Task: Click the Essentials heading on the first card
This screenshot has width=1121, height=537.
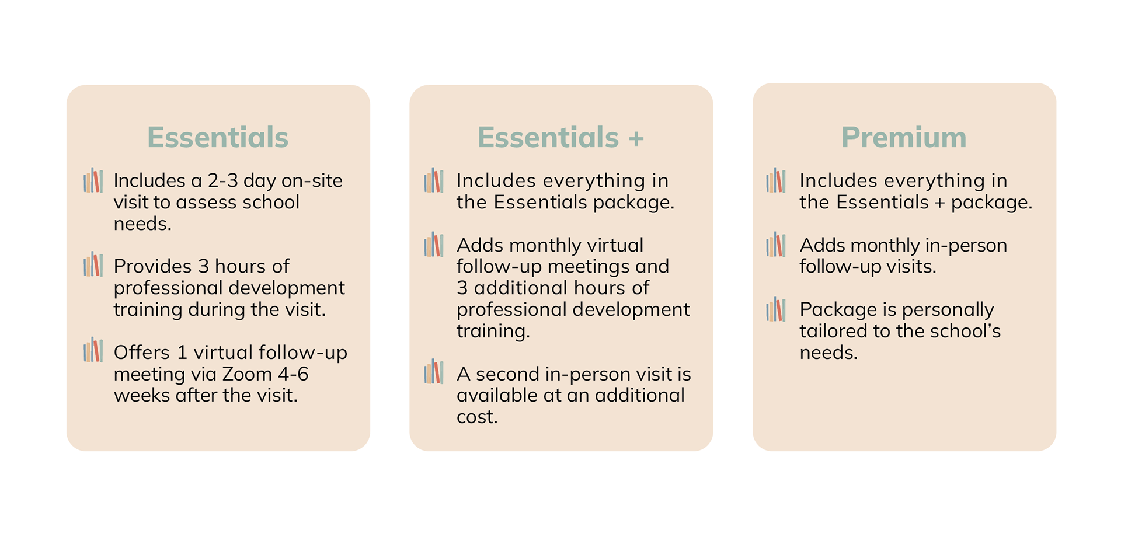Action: point(218,138)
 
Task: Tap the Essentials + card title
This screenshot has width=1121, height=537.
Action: point(560,138)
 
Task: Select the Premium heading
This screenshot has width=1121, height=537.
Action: point(904,138)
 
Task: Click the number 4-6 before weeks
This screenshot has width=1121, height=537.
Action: point(294,374)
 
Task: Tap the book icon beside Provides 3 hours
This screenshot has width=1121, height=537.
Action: point(93,265)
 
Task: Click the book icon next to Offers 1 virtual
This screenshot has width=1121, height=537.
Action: point(93,350)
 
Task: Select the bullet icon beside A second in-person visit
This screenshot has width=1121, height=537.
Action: point(434,372)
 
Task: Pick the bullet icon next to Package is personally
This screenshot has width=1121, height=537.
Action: point(776,309)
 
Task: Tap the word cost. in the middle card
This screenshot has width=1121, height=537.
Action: point(477,417)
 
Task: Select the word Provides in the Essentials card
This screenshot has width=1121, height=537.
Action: point(153,267)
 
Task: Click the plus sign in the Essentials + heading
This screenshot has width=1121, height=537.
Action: point(636,139)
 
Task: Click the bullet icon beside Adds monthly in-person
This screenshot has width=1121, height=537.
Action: point(776,245)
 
